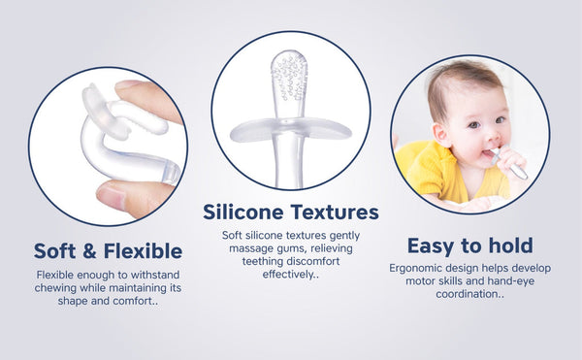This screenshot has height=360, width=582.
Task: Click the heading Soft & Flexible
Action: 108,250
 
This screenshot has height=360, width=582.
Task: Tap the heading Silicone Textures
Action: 291,212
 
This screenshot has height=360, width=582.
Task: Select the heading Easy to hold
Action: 469,245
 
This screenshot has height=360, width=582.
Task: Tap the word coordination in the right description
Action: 466,294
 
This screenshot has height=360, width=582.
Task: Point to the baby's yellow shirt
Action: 427,175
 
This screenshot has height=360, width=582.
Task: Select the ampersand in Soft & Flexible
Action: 86,251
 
